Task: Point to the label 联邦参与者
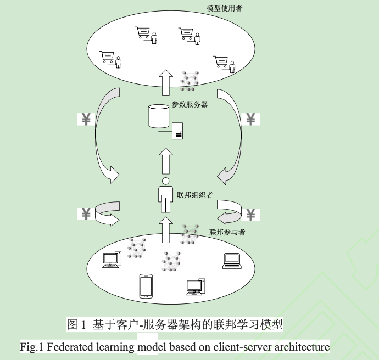[x=227, y=232]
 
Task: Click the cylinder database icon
[x=158, y=116]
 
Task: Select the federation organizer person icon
[x=165, y=194]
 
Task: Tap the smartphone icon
[x=146, y=285]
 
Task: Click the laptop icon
[x=232, y=261]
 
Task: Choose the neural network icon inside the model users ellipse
[x=189, y=81]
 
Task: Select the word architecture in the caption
[x=297, y=347]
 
